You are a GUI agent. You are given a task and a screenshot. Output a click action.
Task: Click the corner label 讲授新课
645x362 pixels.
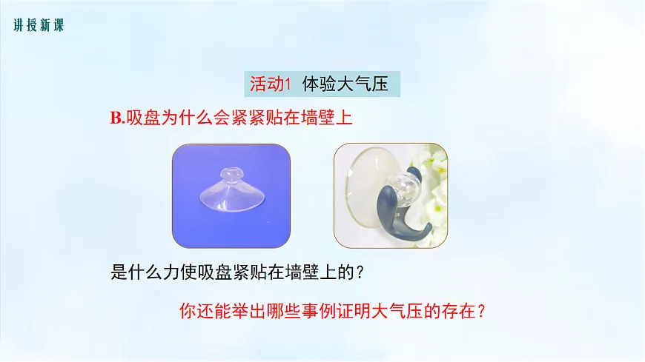click(39, 26)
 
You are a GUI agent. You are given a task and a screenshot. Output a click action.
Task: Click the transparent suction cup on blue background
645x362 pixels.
click(231, 194)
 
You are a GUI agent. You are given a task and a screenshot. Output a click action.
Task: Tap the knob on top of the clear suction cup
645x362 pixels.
click(232, 175)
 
